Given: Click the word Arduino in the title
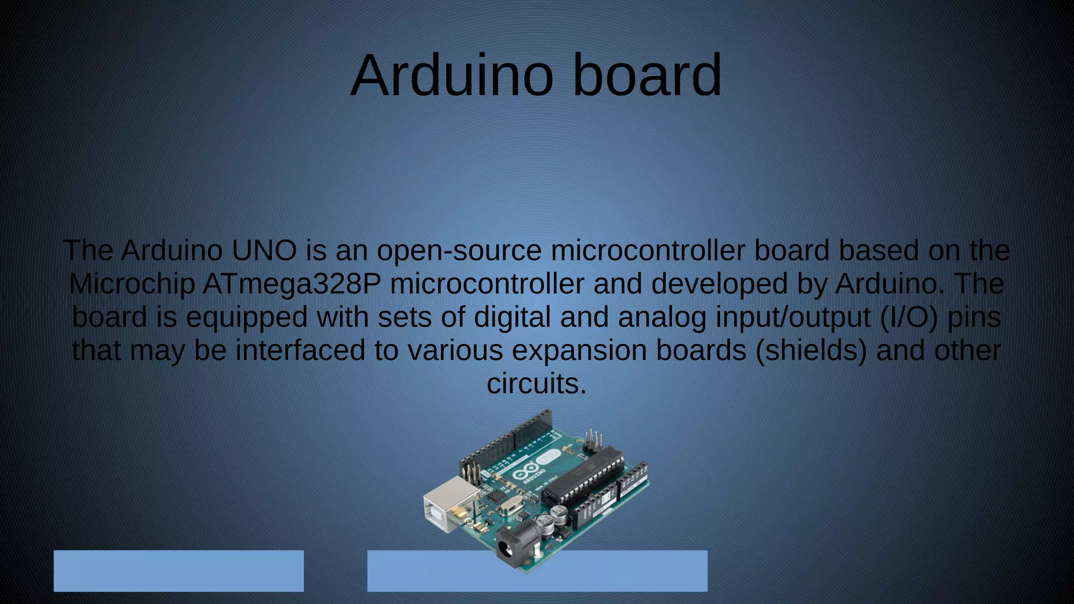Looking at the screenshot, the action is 452,75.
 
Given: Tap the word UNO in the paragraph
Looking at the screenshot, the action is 264,251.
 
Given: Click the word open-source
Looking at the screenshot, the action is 459,251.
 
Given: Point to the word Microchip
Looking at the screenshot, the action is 132,284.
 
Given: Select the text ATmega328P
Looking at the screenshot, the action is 292,284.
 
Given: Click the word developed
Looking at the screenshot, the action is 719,284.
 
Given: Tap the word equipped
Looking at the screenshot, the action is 246,318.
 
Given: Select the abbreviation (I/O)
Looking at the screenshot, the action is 909,318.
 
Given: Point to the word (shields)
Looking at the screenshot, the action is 811,351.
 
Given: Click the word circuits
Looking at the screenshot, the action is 536,384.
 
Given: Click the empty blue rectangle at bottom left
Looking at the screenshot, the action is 178,570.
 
